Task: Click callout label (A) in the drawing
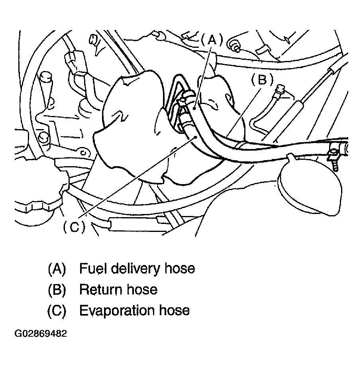[212, 40]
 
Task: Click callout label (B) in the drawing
[262, 80]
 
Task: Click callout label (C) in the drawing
[75, 227]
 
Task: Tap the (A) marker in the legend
[57, 269]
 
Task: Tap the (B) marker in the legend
[57, 290]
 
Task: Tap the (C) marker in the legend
[57, 310]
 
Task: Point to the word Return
[101, 290]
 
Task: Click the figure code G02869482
[41, 334]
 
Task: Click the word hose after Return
[142, 290]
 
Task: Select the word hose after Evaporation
[174, 310]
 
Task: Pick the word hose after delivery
[180, 268]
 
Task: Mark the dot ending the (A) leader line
[195, 108]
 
